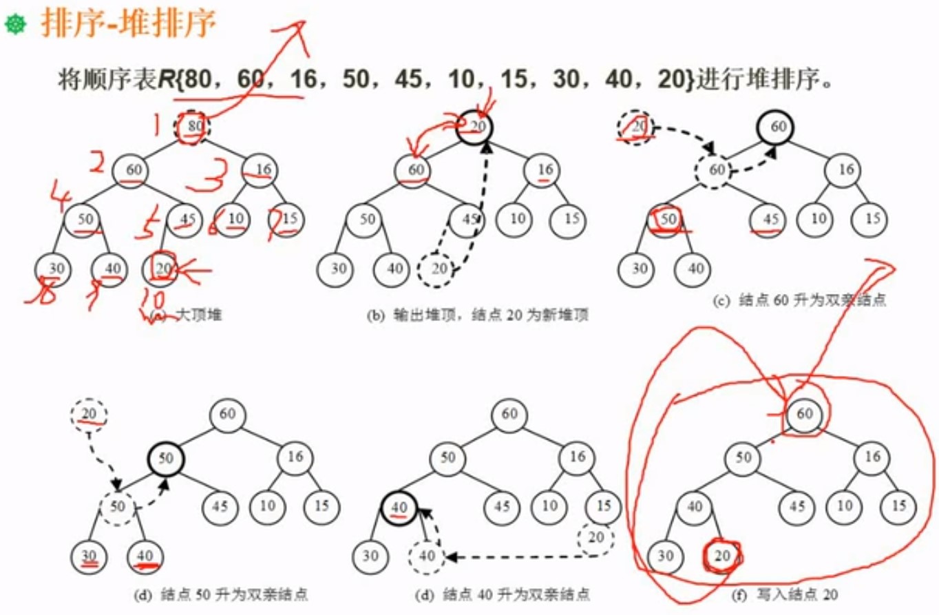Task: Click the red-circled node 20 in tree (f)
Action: pos(721,556)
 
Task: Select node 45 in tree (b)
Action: pos(468,219)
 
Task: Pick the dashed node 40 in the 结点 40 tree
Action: pos(428,556)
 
